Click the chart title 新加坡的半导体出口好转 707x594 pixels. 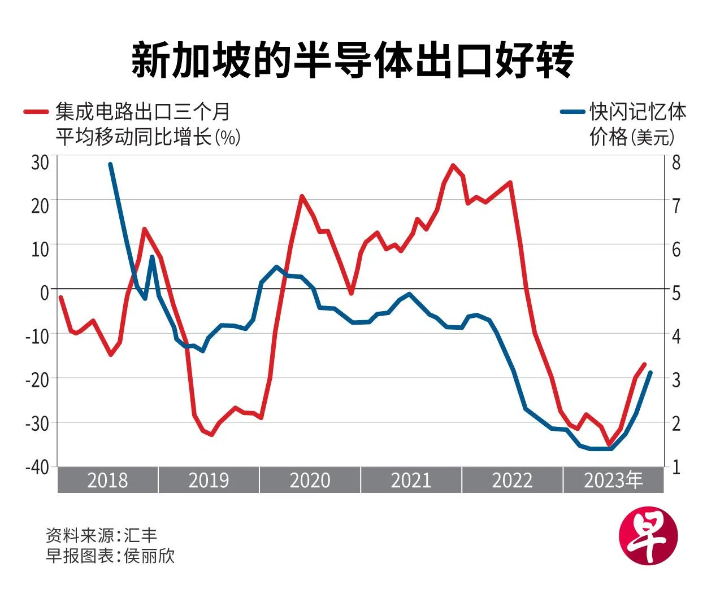click(x=353, y=59)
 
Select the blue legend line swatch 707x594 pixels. click(x=572, y=112)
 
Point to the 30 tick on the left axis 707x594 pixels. click(x=40, y=163)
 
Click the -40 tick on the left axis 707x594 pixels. click(x=37, y=467)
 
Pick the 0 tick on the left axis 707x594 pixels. click(x=45, y=292)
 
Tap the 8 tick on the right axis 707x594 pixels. click(x=676, y=163)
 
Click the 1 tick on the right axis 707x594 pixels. click(x=676, y=467)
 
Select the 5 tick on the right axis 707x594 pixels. click(x=676, y=292)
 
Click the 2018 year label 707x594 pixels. click(x=107, y=480)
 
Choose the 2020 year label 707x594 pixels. click(x=310, y=480)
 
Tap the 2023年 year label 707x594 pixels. click(x=613, y=480)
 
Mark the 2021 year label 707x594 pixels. click(x=411, y=480)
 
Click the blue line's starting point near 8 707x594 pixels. click(x=110, y=164)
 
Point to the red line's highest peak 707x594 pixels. click(x=453, y=165)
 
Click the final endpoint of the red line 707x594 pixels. click(x=644, y=364)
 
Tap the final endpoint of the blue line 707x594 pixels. click(x=650, y=372)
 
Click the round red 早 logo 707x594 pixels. click(x=648, y=534)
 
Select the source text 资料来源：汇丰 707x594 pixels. click(x=102, y=535)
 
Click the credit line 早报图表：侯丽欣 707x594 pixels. click(x=111, y=556)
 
